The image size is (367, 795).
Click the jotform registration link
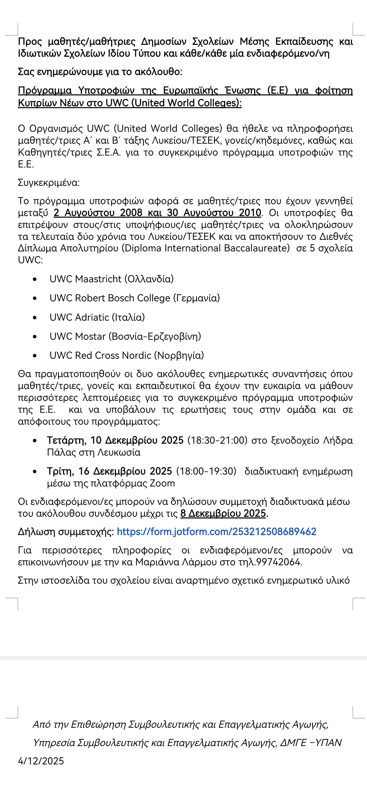(x=216, y=532)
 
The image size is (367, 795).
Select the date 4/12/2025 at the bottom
(x=41, y=761)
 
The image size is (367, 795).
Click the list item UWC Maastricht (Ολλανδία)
(x=111, y=279)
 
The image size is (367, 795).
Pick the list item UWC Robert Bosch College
(x=135, y=298)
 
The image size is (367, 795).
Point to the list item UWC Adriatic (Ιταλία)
(x=97, y=317)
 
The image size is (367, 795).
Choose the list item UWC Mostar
(x=125, y=336)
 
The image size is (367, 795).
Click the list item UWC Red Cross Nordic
(x=126, y=355)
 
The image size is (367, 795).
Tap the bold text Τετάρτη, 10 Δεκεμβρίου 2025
(x=115, y=440)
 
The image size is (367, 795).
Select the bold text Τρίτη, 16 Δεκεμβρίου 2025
(x=109, y=471)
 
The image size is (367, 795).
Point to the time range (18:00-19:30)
(x=206, y=471)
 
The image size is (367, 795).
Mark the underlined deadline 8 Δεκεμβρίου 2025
(x=223, y=513)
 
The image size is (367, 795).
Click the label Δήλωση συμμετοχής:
(x=66, y=532)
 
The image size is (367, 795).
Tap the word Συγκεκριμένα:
(x=49, y=183)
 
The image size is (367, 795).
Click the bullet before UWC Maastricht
(x=35, y=279)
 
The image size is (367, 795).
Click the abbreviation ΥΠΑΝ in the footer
(x=328, y=743)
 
